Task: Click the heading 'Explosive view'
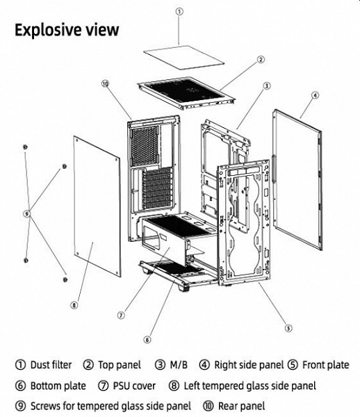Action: pyautogui.click(x=67, y=30)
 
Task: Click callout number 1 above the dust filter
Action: pyautogui.click(x=180, y=11)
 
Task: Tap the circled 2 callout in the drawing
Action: pyautogui.click(x=261, y=60)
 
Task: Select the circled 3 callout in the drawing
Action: pyautogui.click(x=267, y=85)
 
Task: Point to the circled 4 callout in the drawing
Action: pyautogui.click(x=315, y=95)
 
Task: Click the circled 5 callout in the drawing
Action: pyautogui.click(x=288, y=328)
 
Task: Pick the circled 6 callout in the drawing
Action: pyautogui.click(x=147, y=339)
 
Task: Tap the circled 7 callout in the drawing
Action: pyautogui.click(x=121, y=315)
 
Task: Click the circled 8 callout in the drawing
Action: pyautogui.click(x=74, y=305)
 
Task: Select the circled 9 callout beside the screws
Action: pyautogui.click(x=26, y=213)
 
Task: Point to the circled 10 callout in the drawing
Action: pyautogui.click(x=105, y=83)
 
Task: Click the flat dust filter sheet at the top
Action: pyautogui.click(x=184, y=57)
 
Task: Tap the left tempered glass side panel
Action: pyautogui.click(x=97, y=206)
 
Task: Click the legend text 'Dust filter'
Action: pyautogui.click(x=51, y=365)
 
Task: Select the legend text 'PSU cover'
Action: pyautogui.click(x=134, y=386)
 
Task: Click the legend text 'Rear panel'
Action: pyautogui.click(x=241, y=406)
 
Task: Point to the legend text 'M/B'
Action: pyautogui.click(x=179, y=365)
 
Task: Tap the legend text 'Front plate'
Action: pyautogui.click(x=326, y=365)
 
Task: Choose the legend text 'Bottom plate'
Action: pyautogui.click(x=58, y=386)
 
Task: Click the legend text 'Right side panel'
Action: pyautogui.click(x=249, y=365)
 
